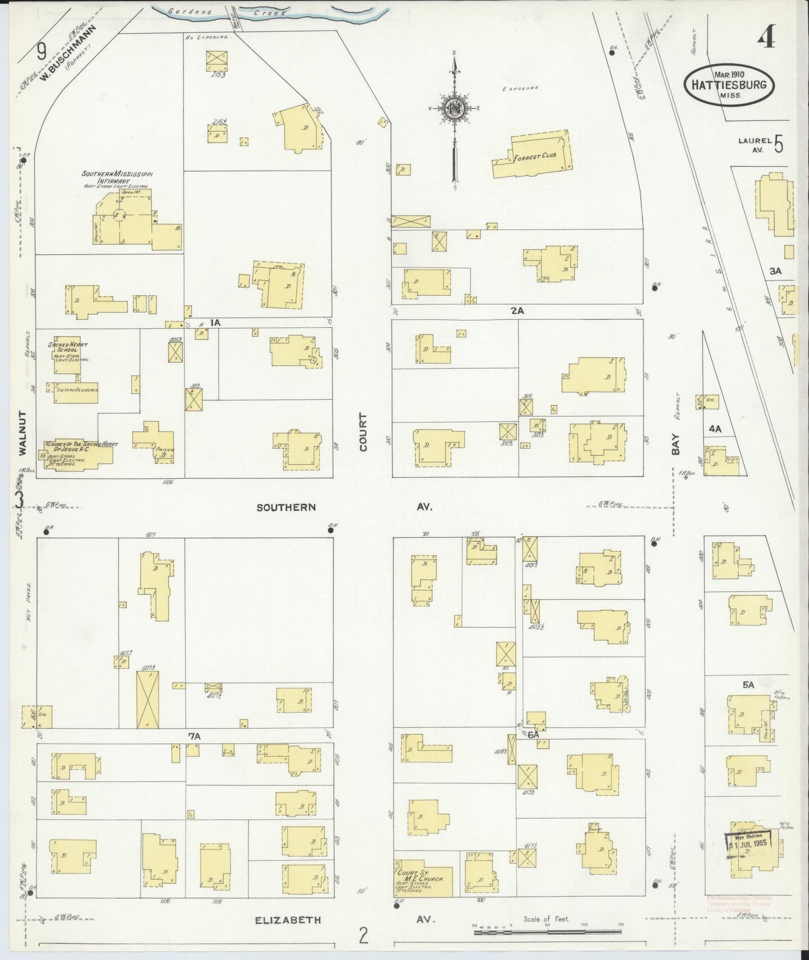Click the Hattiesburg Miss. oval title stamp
click(x=728, y=83)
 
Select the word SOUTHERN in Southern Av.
click(x=286, y=507)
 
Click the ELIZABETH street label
click(x=288, y=920)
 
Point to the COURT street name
click(x=363, y=432)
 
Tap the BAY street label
click(x=676, y=444)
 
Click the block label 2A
click(x=517, y=311)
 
